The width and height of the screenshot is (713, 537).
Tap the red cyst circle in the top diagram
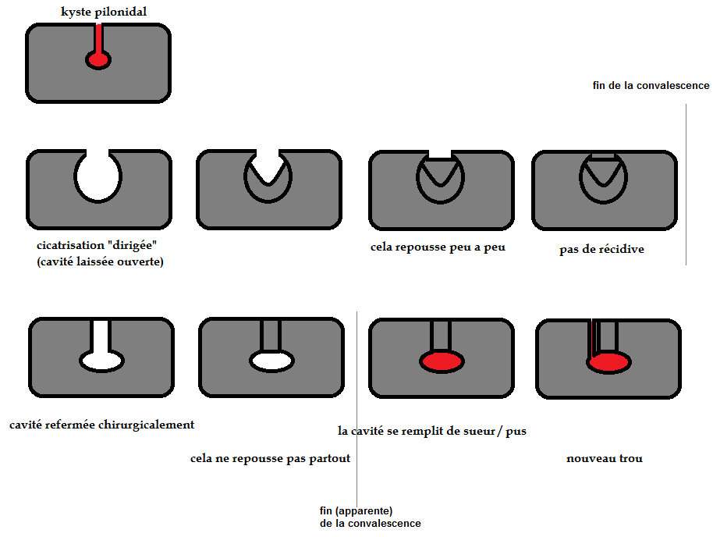[98, 60]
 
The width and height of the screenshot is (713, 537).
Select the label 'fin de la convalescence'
[651, 86]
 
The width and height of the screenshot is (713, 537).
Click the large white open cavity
[98, 176]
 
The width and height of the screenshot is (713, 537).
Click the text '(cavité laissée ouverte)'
[100, 262]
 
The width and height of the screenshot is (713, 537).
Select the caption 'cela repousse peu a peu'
[438, 247]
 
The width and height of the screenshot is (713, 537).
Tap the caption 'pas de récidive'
[601, 251]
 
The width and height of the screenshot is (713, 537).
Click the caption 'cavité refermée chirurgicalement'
[101, 425]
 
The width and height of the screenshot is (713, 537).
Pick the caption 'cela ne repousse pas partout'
[270, 459]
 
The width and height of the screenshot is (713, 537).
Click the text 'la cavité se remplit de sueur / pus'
[431, 431]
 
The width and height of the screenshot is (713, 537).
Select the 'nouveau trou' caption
[605, 459]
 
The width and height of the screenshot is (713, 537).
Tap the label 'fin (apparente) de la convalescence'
[370, 517]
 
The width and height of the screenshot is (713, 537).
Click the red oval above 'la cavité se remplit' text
[442, 361]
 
